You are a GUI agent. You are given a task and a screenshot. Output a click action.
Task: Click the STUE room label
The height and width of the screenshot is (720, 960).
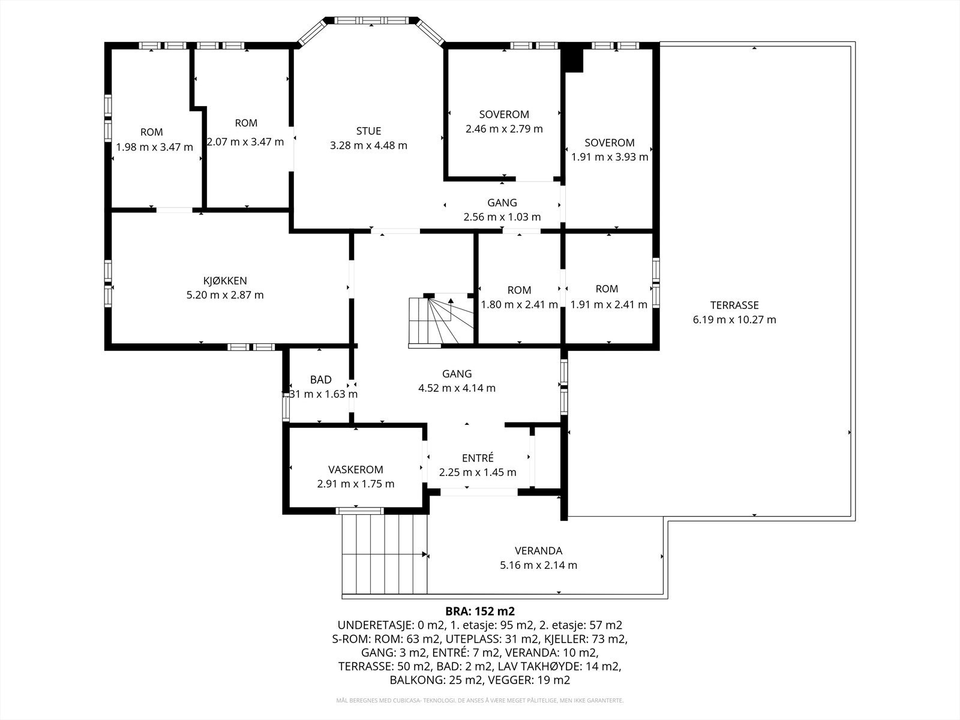(368, 131)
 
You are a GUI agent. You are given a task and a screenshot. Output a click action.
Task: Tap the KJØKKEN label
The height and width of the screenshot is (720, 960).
(225, 281)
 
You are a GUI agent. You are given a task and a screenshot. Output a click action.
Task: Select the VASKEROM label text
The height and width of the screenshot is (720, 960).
(356, 470)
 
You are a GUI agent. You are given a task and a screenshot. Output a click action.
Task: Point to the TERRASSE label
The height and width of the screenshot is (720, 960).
(734, 305)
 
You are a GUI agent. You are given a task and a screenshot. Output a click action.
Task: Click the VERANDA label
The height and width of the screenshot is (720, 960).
(538, 551)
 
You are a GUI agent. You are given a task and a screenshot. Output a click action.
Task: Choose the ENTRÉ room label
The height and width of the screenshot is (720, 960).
(478, 458)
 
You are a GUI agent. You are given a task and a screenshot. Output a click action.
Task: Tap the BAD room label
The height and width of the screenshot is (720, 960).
(320, 379)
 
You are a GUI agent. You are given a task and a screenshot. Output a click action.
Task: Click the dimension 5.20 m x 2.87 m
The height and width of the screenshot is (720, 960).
(225, 295)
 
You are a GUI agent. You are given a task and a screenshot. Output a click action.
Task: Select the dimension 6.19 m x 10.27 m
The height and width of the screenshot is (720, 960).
(734, 320)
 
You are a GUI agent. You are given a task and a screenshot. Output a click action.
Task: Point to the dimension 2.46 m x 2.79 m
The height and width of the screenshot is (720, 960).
(504, 129)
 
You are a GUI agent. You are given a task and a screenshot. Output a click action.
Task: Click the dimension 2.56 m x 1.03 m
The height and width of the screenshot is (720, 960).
(502, 217)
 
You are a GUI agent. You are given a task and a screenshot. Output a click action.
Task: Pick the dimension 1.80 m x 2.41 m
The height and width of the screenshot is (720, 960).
(519, 304)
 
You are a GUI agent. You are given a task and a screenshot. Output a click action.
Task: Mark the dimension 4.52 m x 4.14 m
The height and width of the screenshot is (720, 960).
(457, 388)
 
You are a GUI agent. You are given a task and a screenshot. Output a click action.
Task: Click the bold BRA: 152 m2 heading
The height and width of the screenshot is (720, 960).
(480, 611)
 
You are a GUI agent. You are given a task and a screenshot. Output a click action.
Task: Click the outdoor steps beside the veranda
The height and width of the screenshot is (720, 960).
(384, 554)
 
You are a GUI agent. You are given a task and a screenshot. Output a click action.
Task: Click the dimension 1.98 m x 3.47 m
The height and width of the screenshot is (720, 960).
(154, 148)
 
